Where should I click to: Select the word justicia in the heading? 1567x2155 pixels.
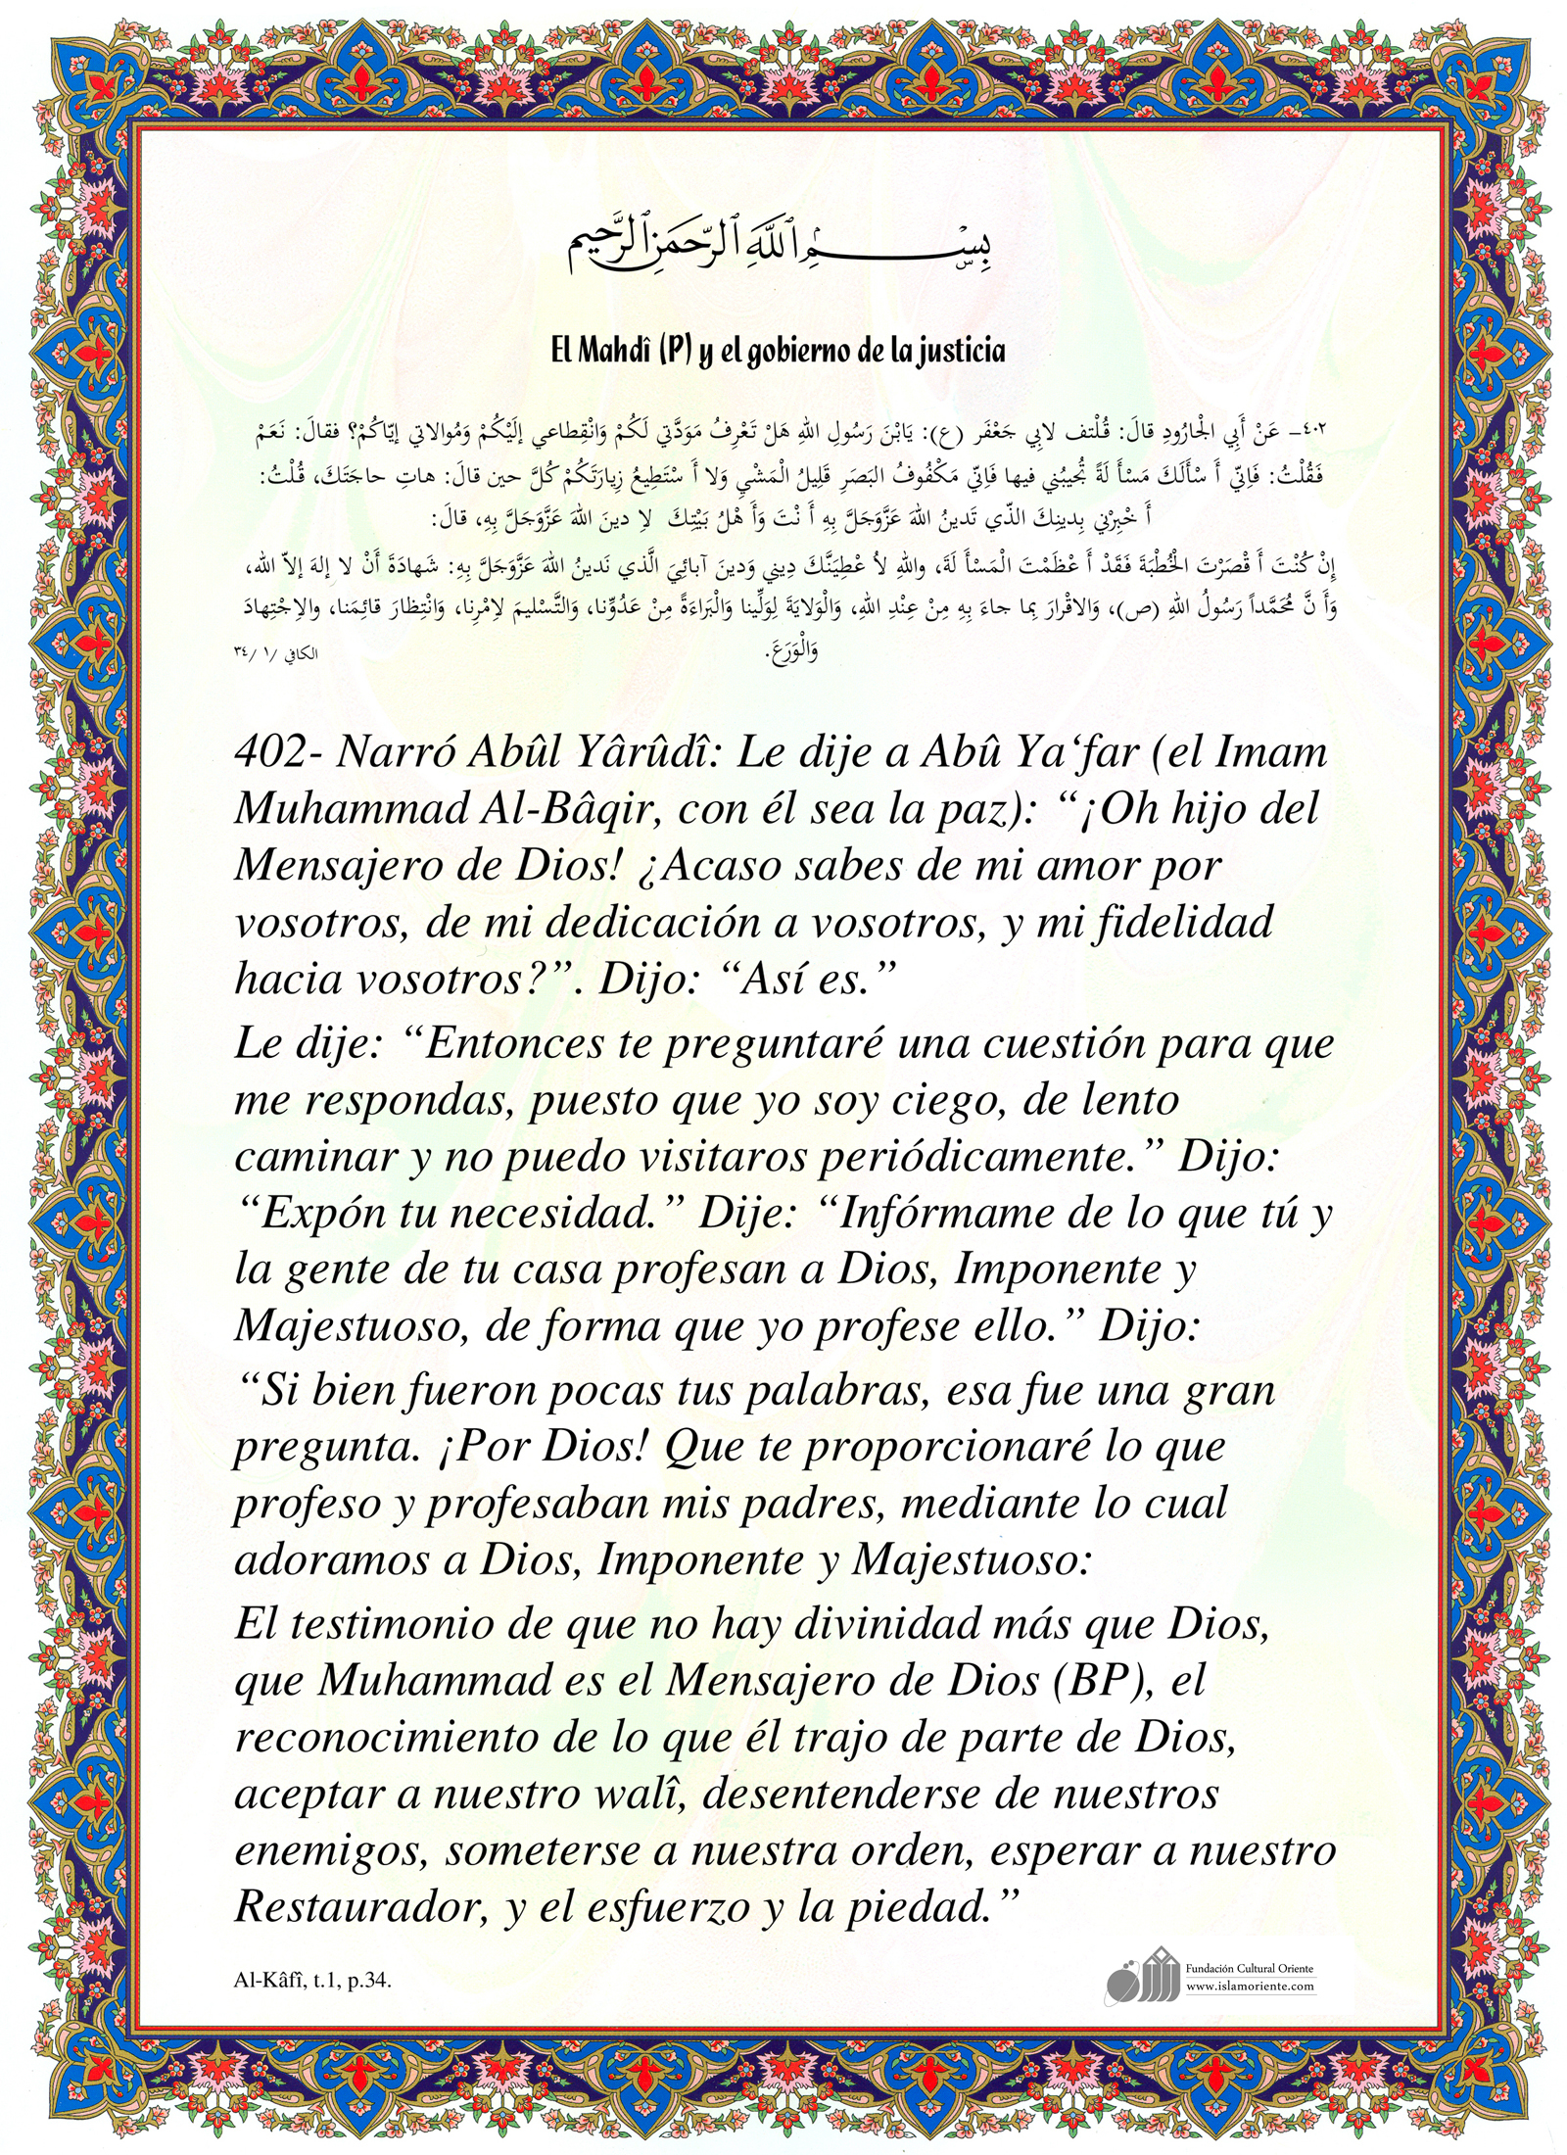coord(955,351)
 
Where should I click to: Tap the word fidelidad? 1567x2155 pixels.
coord(1180,923)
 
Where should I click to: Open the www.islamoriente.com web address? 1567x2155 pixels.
coord(1250,1986)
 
